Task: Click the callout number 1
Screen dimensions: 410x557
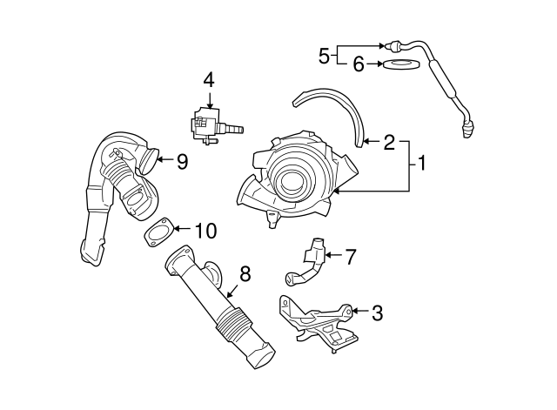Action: point(421,163)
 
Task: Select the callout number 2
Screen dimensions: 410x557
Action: point(389,141)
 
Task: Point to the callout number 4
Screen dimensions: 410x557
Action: point(209,80)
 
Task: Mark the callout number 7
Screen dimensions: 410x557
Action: point(351,256)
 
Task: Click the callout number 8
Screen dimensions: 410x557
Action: point(245,274)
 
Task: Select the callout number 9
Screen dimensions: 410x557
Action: point(182,160)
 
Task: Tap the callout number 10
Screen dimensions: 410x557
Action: point(205,231)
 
